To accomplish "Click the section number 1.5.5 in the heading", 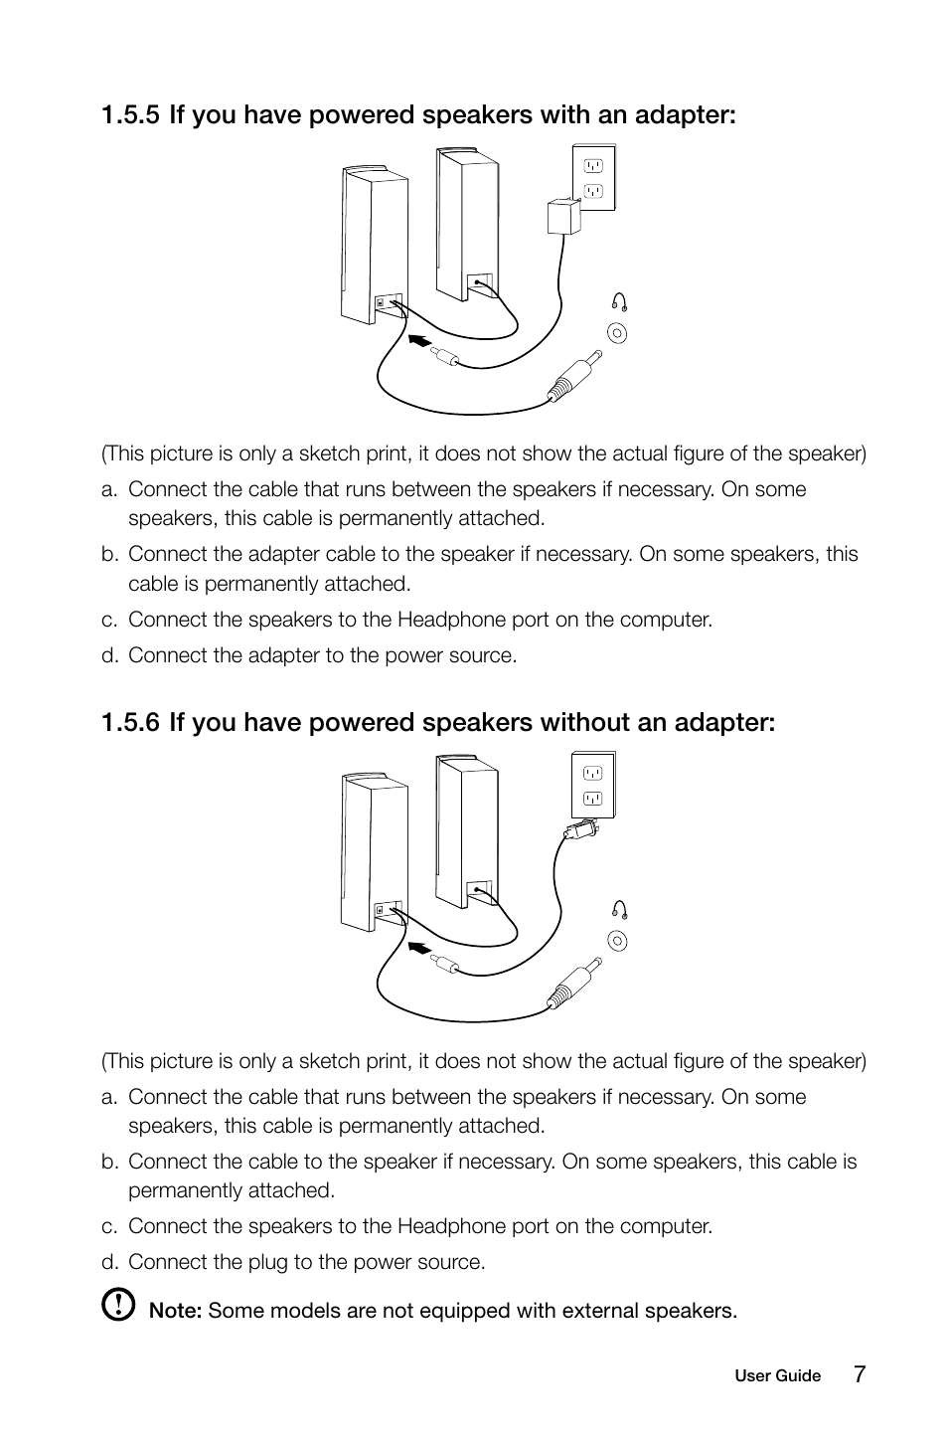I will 130,115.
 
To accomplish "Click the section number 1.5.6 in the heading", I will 130,722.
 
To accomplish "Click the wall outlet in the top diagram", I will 593,177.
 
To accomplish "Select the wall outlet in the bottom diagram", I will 593,785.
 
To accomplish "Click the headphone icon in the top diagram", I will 619,302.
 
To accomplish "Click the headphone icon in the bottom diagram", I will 619,909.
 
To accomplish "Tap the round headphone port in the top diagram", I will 618,333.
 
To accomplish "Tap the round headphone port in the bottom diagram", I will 618,940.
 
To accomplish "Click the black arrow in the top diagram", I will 421,343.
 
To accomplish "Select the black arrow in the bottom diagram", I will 421,949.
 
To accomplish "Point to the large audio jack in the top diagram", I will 574,377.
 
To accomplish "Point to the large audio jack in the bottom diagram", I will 574,984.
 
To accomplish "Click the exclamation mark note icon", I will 118,1304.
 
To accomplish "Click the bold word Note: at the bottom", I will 175,1311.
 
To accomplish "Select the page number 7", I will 859,1374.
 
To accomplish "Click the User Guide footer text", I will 777,1376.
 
